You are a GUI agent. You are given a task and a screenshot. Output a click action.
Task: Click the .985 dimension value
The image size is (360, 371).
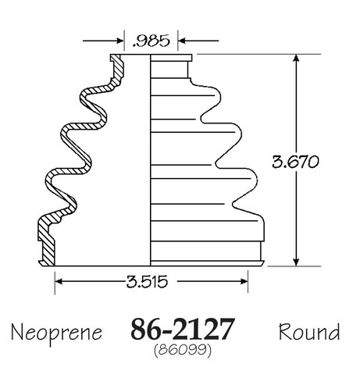pyautogui.click(x=151, y=41)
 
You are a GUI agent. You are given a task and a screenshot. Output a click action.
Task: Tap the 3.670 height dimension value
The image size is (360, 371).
pyautogui.click(x=295, y=162)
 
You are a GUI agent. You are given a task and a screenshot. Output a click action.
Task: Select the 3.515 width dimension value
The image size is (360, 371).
pyautogui.click(x=147, y=282)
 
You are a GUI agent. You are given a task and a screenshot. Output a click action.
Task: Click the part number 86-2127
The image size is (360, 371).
pyautogui.click(x=183, y=329)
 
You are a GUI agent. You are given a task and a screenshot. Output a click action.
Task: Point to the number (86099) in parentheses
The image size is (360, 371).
pyautogui.click(x=183, y=350)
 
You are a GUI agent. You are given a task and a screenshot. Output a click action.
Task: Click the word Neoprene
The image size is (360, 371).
pyautogui.click(x=56, y=333)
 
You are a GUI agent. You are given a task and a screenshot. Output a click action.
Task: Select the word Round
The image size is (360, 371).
pyautogui.click(x=309, y=331)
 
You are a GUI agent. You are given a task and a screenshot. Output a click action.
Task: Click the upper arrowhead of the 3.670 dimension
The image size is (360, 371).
pyautogui.click(x=296, y=58)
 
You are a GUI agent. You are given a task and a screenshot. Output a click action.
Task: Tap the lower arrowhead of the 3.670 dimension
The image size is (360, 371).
pyautogui.click(x=296, y=262)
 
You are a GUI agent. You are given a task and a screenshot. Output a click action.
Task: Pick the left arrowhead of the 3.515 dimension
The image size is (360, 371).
pyautogui.click(x=59, y=281)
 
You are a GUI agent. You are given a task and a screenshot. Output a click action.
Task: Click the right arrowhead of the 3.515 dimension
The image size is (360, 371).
pyautogui.click(x=244, y=281)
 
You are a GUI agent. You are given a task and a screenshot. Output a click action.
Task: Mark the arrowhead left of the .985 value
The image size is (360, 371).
pyautogui.click(x=120, y=41)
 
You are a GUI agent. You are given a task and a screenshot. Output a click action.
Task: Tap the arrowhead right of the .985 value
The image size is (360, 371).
pyautogui.click(x=181, y=41)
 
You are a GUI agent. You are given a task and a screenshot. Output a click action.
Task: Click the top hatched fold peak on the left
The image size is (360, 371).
pyautogui.click(x=86, y=96)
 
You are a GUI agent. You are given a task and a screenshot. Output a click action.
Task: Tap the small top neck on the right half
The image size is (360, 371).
pyautogui.click(x=169, y=70)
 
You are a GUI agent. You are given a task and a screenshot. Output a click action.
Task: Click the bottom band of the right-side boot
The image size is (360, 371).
pyautogui.click(x=206, y=251)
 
